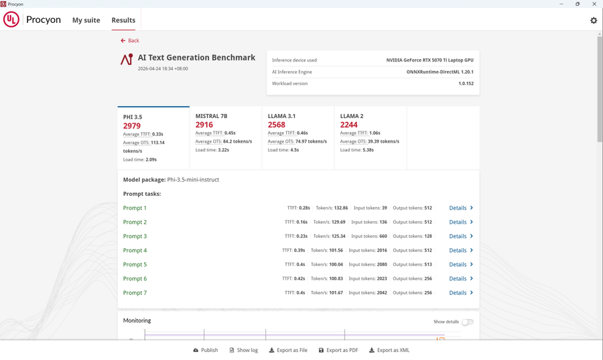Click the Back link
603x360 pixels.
pyautogui.click(x=129, y=40)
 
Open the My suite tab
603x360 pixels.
pyautogui.click(x=86, y=20)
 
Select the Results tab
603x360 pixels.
pyautogui.click(x=123, y=20)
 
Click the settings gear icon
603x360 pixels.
pyautogui.click(x=594, y=20)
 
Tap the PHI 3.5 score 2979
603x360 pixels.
pyautogui.click(x=132, y=126)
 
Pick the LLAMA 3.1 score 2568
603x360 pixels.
pyautogui.click(x=277, y=125)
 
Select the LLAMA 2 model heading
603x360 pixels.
pyautogui.click(x=352, y=116)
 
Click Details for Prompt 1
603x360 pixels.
pyautogui.click(x=461, y=208)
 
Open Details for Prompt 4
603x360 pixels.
pyautogui.click(x=461, y=250)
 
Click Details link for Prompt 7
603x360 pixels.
pyautogui.click(x=461, y=293)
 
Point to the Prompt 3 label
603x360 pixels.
pyautogui.click(x=135, y=236)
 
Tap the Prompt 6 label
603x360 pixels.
pyautogui.click(x=135, y=278)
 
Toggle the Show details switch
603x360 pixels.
pyautogui.click(x=468, y=322)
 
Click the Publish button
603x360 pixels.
pyautogui.click(x=206, y=350)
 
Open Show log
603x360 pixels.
pyautogui.click(x=243, y=350)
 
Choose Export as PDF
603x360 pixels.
pyautogui.click(x=338, y=350)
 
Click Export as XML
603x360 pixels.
pyautogui.click(x=389, y=350)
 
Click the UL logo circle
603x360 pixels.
pyautogui.click(x=11, y=19)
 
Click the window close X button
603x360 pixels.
pyautogui.click(x=594, y=4)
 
